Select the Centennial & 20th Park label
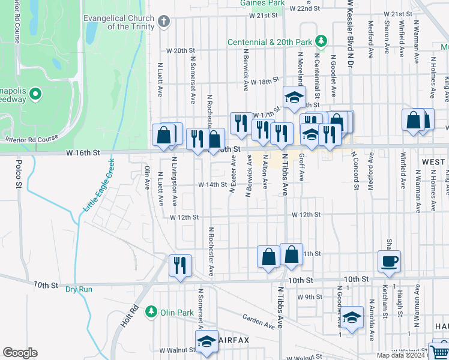click(x=270, y=42)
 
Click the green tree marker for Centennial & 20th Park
click(x=322, y=41)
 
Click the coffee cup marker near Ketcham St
click(x=389, y=260)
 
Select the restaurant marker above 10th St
click(x=180, y=265)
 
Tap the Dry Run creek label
click(x=79, y=289)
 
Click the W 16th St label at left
click(x=83, y=153)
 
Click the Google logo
click(x=20, y=353)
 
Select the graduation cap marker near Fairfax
click(x=206, y=341)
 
